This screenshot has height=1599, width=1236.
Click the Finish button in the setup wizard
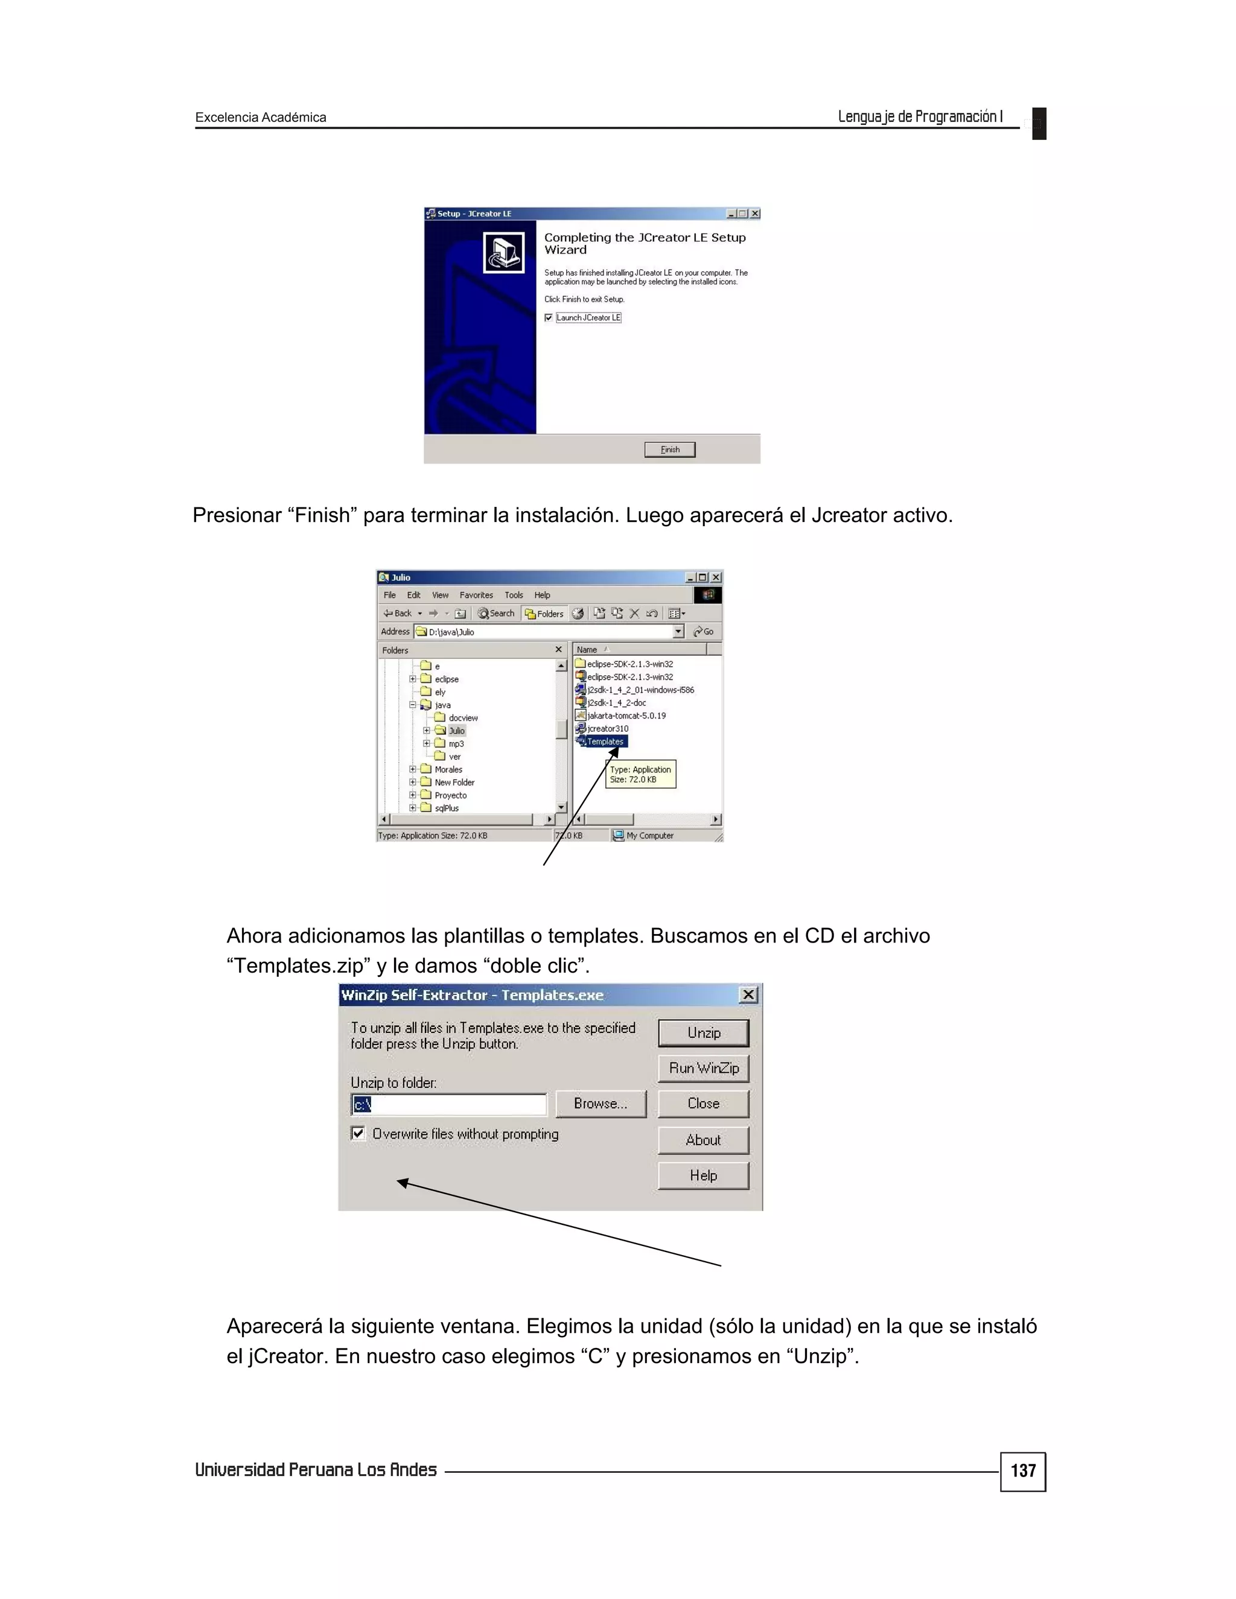coord(669,450)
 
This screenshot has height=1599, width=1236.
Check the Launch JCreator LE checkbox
coord(549,318)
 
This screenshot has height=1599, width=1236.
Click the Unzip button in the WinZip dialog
coord(703,1032)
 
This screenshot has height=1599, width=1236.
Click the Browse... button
coord(600,1104)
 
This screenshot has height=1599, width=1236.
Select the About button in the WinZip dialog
coord(703,1140)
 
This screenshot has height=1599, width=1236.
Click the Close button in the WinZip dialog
coord(703,1104)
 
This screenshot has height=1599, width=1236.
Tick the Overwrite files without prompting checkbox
coord(358,1133)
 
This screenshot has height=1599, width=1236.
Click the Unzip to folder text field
coord(449,1104)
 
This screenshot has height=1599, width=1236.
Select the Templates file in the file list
coord(605,742)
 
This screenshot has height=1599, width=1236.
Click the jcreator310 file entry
coord(607,728)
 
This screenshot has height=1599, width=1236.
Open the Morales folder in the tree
coord(448,769)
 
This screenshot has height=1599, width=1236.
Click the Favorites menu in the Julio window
coord(476,595)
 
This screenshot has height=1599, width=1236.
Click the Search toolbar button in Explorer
coord(497,614)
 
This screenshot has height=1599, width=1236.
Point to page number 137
coord(1022,1471)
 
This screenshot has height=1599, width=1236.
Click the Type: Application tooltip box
coord(641,774)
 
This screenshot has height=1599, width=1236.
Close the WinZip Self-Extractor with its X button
coord(748,994)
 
